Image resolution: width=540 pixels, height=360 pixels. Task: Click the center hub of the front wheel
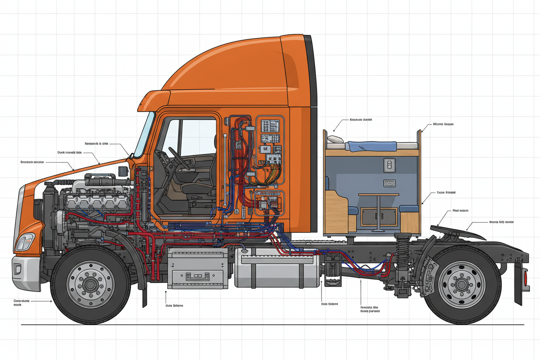coord(90,285)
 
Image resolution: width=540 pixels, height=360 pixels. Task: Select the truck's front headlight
coord(25,242)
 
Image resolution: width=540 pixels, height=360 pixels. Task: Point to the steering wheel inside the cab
coord(178,158)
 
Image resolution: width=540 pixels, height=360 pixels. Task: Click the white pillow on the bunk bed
coord(335,139)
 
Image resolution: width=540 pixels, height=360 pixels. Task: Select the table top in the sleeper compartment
coord(378,195)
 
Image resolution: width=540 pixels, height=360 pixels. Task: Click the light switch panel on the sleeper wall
coord(389,164)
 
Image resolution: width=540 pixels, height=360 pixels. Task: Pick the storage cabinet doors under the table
coord(379,216)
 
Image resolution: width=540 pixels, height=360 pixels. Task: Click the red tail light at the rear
coord(526,277)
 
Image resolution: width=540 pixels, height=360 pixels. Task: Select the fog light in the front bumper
coord(18,269)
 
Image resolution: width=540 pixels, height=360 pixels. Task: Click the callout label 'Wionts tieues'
coord(443,124)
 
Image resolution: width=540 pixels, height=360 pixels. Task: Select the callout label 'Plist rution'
coord(460,211)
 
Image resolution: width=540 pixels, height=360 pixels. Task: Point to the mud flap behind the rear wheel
coord(518,281)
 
